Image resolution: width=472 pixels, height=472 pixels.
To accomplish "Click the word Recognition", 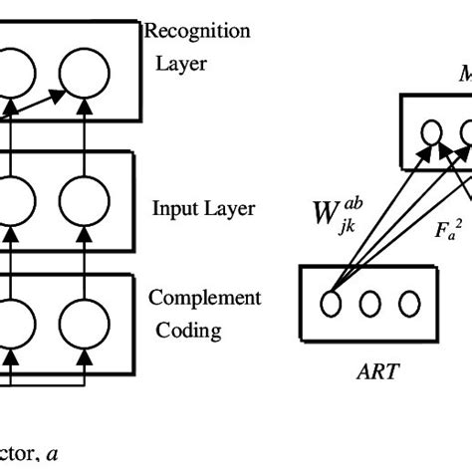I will [x=197, y=31].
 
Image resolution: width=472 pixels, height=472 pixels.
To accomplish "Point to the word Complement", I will [x=204, y=298].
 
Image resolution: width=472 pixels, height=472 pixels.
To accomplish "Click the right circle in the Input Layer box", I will [x=83, y=202].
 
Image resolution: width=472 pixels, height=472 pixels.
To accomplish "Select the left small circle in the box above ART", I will [x=433, y=132].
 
